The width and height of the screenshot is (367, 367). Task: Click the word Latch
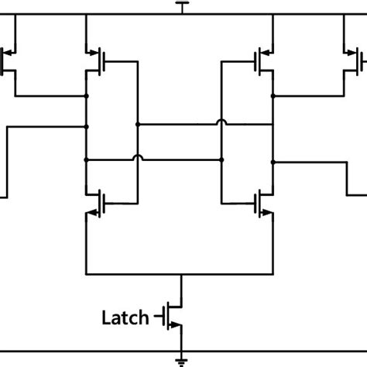point(126,316)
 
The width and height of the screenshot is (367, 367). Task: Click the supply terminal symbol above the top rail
point(182,7)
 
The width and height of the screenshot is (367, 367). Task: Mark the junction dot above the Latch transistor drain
point(182,274)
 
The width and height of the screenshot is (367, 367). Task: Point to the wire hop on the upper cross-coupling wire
point(222,123)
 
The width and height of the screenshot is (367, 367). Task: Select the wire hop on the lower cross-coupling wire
point(137,159)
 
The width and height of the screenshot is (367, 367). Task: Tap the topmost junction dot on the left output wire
point(87,97)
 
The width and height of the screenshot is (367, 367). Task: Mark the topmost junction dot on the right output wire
point(273,97)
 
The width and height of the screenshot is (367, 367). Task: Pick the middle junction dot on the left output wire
point(87,123)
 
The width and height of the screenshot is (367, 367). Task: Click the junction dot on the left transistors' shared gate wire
point(137,123)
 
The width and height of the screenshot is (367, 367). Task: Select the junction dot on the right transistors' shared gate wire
point(222,159)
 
